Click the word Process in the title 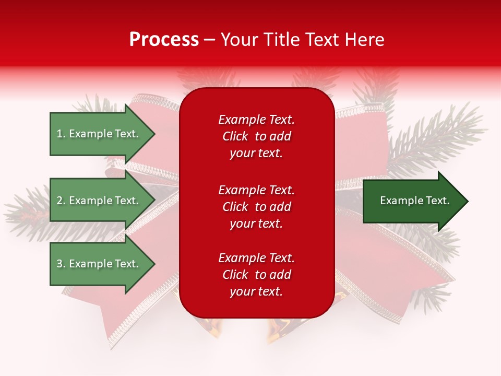pos(164,40)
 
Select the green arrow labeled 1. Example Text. pos(99,134)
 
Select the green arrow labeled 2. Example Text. pos(99,201)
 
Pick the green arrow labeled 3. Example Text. pos(99,264)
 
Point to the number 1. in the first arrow pos(61,134)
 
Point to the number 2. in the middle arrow pos(61,201)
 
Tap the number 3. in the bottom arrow pos(61,264)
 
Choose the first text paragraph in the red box pos(256,136)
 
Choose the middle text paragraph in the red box pos(256,207)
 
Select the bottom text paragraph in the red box pos(256,275)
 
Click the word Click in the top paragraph pos(235,136)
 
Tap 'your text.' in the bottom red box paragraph pos(256,291)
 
